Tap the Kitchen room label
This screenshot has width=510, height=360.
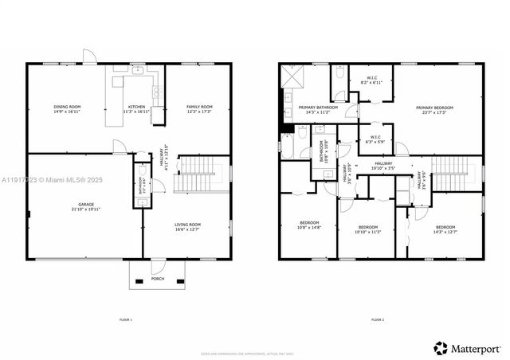pos(137,109)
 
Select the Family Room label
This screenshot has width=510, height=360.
pos(200,109)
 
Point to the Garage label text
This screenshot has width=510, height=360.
pos(85,206)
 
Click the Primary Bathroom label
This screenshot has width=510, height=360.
pos(318,109)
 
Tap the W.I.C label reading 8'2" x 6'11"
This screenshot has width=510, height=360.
pos(371,80)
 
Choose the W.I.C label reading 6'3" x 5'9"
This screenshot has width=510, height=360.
pos(375,139)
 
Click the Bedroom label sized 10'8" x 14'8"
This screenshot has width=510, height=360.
pos(309,225)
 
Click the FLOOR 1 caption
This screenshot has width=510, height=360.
pos(125,319)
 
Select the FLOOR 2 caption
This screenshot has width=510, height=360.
pos(377,319)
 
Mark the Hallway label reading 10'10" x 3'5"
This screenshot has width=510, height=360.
pos(382,166)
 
